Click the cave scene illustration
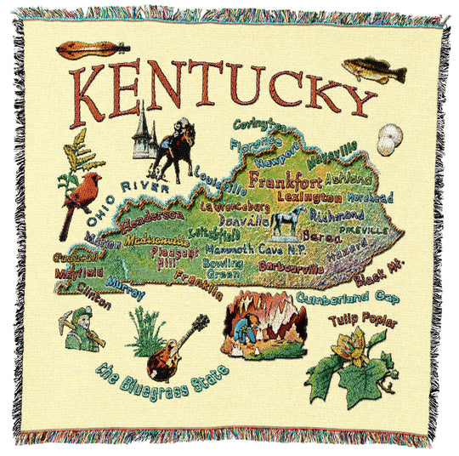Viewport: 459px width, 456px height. click(264, 324)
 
